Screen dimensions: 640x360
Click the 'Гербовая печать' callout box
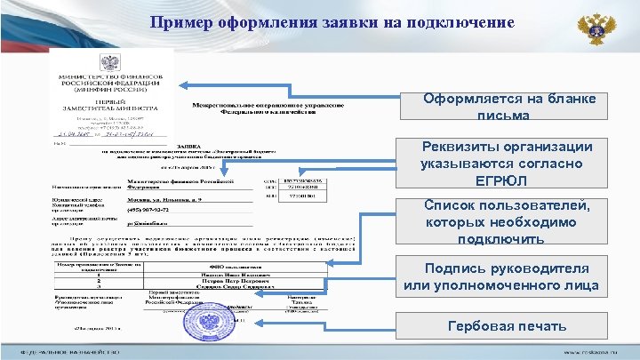[x=506, y=326]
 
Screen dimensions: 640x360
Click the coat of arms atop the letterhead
[x=107, y=63]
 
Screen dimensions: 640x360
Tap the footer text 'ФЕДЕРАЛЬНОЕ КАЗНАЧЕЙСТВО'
[x=67, y=353]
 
